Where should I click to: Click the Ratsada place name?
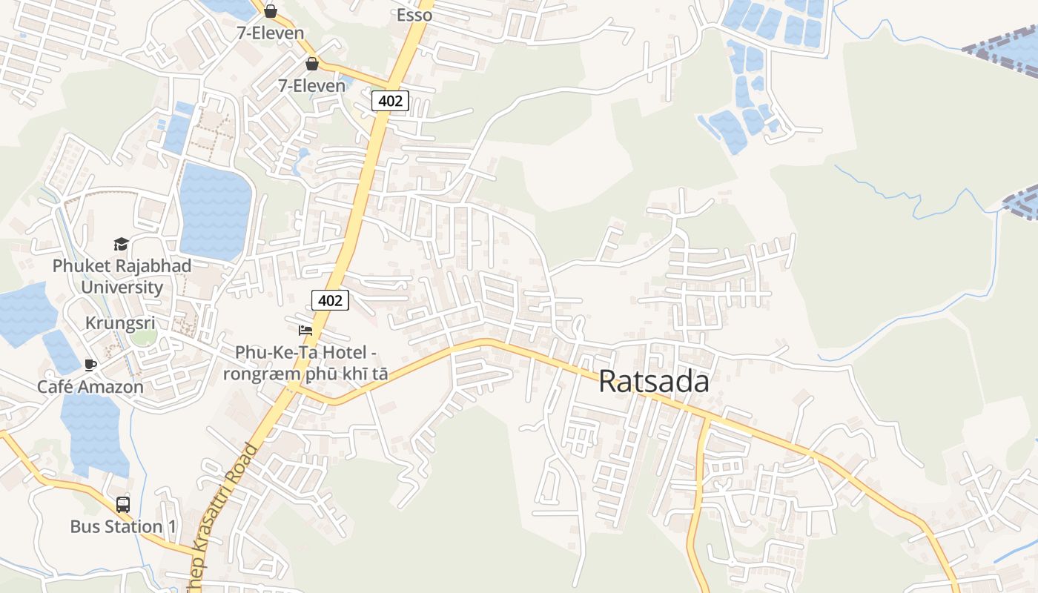pos(653,382)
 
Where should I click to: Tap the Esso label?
pos(414,15)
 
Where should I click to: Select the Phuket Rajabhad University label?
pos(122,276)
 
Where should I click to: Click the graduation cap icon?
pos(121,244)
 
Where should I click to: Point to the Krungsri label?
pos(120,323)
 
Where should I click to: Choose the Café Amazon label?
pos(90,386)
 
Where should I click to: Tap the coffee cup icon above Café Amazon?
pos(90,364)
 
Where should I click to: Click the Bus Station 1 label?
pos(123,526)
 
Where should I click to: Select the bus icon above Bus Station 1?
pos(123,505)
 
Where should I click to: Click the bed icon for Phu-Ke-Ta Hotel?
pos(305,330)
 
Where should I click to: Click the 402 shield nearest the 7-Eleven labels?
pos(390,100)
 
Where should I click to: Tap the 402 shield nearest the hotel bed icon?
pos(329,300)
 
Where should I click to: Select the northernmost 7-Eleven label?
pos(270,33)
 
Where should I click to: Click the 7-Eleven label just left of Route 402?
pos(311,85)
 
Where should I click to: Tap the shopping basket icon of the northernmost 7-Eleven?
pos(271,11)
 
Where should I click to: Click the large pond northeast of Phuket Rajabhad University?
pos(215,211)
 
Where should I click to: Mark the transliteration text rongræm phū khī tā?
pos(305,374)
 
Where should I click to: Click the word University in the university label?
pos(122,287)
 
